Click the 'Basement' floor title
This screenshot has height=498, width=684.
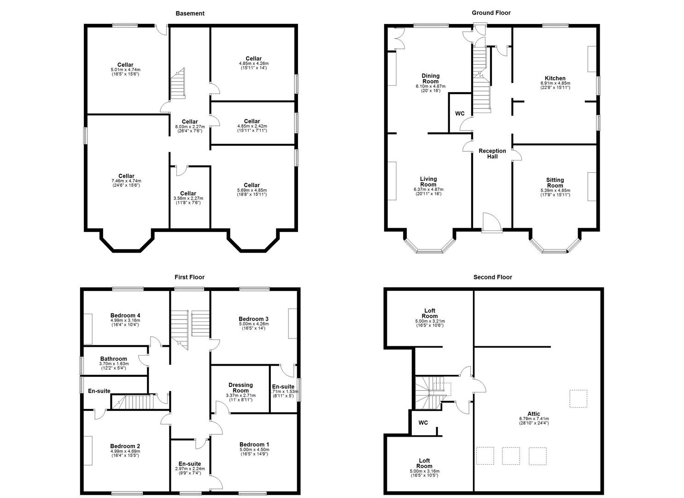tap(190, 13)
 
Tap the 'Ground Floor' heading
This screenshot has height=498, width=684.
tap(491, 13)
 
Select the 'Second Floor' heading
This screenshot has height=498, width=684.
tap(492, 277)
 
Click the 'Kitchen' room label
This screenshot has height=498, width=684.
tap(555, 78)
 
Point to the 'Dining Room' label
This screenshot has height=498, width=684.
tap(431, 79)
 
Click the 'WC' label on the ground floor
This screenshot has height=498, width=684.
tap(460, 113)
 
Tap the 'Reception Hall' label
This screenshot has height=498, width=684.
tap(492, 154)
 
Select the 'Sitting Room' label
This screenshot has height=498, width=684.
tap(555, 183)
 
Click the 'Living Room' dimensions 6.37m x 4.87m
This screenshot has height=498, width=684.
tap(428, 190)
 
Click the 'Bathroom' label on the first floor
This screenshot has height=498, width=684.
tap(114, 359)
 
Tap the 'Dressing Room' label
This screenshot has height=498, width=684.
tap(240, 388)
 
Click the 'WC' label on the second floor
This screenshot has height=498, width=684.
tap(423, 423)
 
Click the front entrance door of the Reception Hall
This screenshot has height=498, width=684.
tap(491, 223)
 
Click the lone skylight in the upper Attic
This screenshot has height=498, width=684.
tap(579, 399)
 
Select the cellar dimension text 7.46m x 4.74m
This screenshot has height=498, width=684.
tap(126, 181)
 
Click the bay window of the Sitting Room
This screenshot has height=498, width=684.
tap(555, 251)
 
